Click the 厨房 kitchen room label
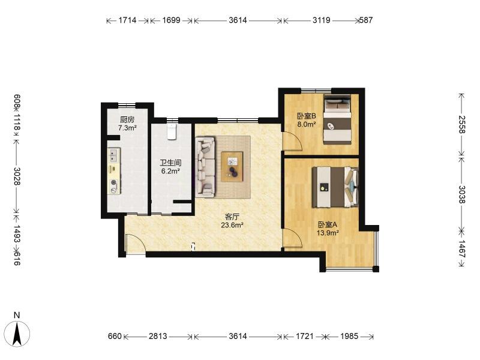127,119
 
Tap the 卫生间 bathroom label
170,163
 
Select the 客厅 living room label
232,217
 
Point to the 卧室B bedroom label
307,116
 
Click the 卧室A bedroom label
327,224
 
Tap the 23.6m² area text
232,226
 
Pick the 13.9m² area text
328,233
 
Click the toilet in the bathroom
172,131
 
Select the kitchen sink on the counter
113,155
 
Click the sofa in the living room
206,167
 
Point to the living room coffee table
232,167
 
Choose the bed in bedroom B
337,119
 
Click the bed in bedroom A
335,187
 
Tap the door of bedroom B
293,141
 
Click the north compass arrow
17,334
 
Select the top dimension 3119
321,20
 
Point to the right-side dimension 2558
461,124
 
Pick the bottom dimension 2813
158,337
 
